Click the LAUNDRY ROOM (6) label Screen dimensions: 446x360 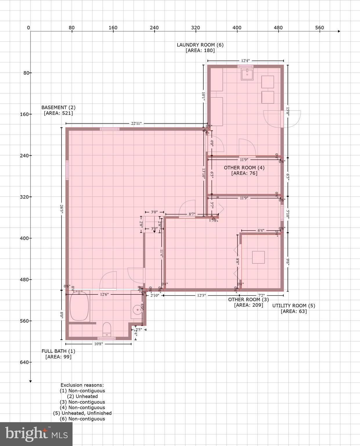[x=200, y=45]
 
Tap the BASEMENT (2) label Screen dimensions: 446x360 [x=58, y=107]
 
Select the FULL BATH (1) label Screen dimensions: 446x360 [x=58, y=351]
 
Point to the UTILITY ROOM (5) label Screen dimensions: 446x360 [x=294, y=305]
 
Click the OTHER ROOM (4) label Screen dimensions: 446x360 [x=244, y=168]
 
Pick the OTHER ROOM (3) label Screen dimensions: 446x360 [x=248, y=299]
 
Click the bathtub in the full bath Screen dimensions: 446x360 [x=79, y=306]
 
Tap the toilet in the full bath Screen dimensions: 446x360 [x=107, y=329]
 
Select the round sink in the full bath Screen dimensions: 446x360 [x=137, y=310]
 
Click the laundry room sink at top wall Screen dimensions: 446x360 [x=247, y=74]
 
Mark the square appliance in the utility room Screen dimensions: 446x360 [x=258, y=257]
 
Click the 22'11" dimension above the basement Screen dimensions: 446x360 [x=136, y=123]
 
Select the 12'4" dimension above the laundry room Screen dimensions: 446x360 [x=245, y=61]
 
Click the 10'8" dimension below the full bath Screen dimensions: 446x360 [x=99, y=344]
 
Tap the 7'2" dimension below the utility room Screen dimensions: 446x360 [x=261, y=296]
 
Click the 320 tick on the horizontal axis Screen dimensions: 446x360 [x=196, y=28]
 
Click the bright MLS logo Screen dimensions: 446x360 [x=36, y=434]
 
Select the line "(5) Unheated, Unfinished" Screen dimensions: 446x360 [x=82, y=413]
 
